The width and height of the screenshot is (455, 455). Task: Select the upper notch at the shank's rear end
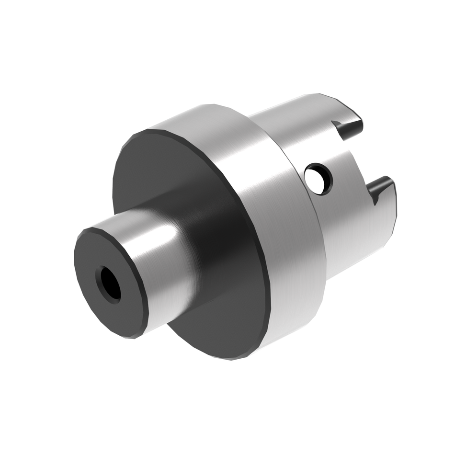tap(347, 128)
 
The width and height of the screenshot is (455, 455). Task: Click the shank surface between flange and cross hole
tap(292, 144)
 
